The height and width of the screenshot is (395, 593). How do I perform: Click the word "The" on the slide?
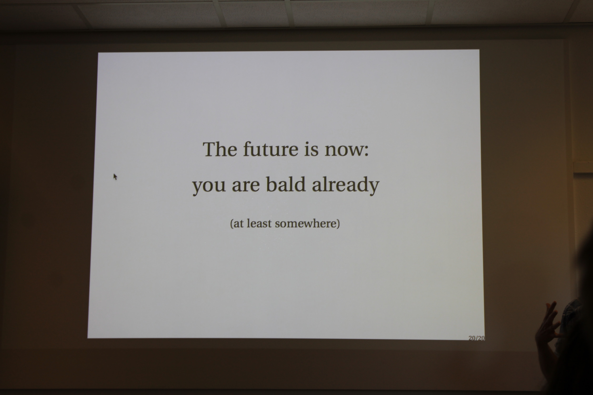(220, 149)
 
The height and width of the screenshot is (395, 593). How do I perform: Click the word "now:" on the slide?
(347, 151)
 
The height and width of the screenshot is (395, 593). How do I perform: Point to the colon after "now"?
(366, 151)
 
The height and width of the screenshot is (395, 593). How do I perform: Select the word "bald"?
(286, 184)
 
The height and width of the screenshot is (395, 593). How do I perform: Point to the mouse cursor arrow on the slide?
(115, 177)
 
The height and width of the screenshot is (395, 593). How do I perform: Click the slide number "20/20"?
(476, 338)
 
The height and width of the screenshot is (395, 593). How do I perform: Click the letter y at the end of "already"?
(373, 188)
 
